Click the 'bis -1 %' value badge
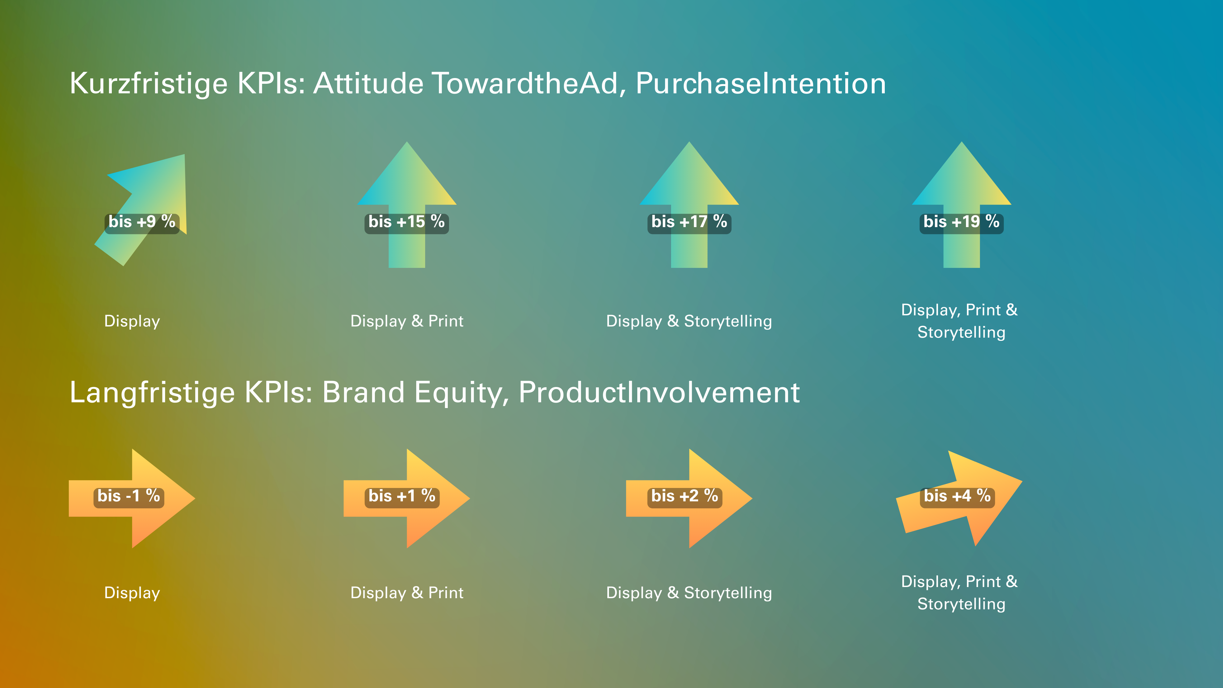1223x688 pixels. click(x=129, y=497)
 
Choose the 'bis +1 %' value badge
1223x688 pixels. click(x=402, y=497)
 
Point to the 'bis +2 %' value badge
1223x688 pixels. click(x=685, y=497)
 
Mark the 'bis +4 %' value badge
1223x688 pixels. click(x=957, y=497)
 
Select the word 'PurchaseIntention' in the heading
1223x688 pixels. click(x=761, y=83)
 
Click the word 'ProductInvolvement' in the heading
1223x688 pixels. click(x=660, y=393)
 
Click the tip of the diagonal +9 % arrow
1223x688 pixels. click(x=185, y=154)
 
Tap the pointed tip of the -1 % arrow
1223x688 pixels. click(x=195, y=498)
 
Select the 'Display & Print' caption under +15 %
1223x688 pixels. click(x=407, y=321)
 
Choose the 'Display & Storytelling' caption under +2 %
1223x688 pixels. click(x=689, y=593)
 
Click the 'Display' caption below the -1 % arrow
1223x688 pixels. click(x=132, y=593)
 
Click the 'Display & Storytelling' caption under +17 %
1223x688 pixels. click(x=689, y=321)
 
